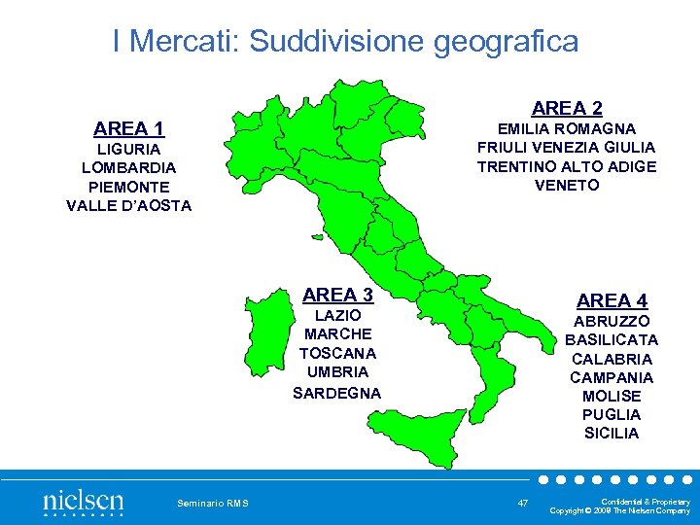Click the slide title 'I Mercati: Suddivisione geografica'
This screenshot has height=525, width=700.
point(345,41)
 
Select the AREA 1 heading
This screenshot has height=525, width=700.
point(128,128)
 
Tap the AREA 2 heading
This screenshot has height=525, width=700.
point(567,108)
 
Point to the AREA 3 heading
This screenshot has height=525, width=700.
point(337,294)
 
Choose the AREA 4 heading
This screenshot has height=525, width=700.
point(612,300)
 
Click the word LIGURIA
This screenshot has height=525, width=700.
point(128,150)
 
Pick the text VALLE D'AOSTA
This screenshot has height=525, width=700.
point(128,205)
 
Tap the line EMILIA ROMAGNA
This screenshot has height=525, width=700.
point(567,128)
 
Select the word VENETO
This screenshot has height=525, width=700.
point(567,185)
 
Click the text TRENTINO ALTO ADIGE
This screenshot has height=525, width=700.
point(567,166)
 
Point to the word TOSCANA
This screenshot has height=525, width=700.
point(337,353)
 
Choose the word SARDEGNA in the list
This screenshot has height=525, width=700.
point(337,393)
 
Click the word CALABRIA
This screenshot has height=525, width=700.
point(612,359)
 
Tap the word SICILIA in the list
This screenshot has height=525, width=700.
point(612,434)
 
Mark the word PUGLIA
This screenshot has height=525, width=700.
point(612,415)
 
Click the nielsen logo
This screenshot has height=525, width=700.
point(83,503)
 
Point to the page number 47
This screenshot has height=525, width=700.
point(523,503)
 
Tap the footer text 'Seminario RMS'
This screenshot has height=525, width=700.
point(213,503)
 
